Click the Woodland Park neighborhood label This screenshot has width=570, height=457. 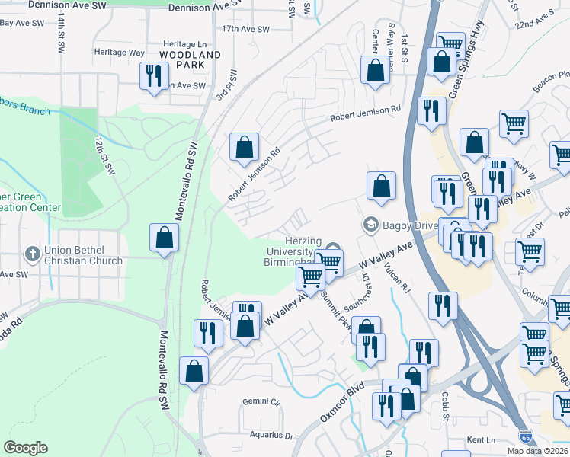190,60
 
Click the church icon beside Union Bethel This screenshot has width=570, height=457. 31,253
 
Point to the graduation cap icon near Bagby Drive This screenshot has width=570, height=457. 371,225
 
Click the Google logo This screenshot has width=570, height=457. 25,448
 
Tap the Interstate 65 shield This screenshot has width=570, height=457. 525,436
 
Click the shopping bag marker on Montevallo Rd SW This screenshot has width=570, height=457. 165,238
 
